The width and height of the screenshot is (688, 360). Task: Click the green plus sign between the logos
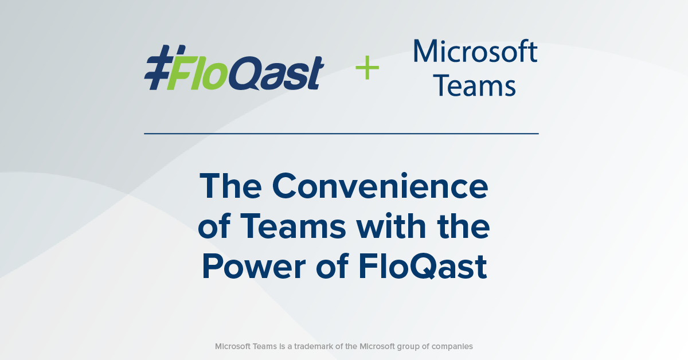pos(368,68)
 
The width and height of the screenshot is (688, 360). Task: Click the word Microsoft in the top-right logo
pos(475,51)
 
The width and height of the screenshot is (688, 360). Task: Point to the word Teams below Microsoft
pos(475,85)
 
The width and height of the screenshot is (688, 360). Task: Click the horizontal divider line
pos(341,134)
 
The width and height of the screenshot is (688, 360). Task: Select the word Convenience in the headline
pos(380,186)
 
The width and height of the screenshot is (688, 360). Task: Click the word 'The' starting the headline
pos(230,186)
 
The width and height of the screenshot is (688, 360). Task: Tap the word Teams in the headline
pos(293,226)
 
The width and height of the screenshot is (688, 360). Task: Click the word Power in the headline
pos(253,266)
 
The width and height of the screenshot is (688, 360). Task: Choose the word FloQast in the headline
pos(423,266)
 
